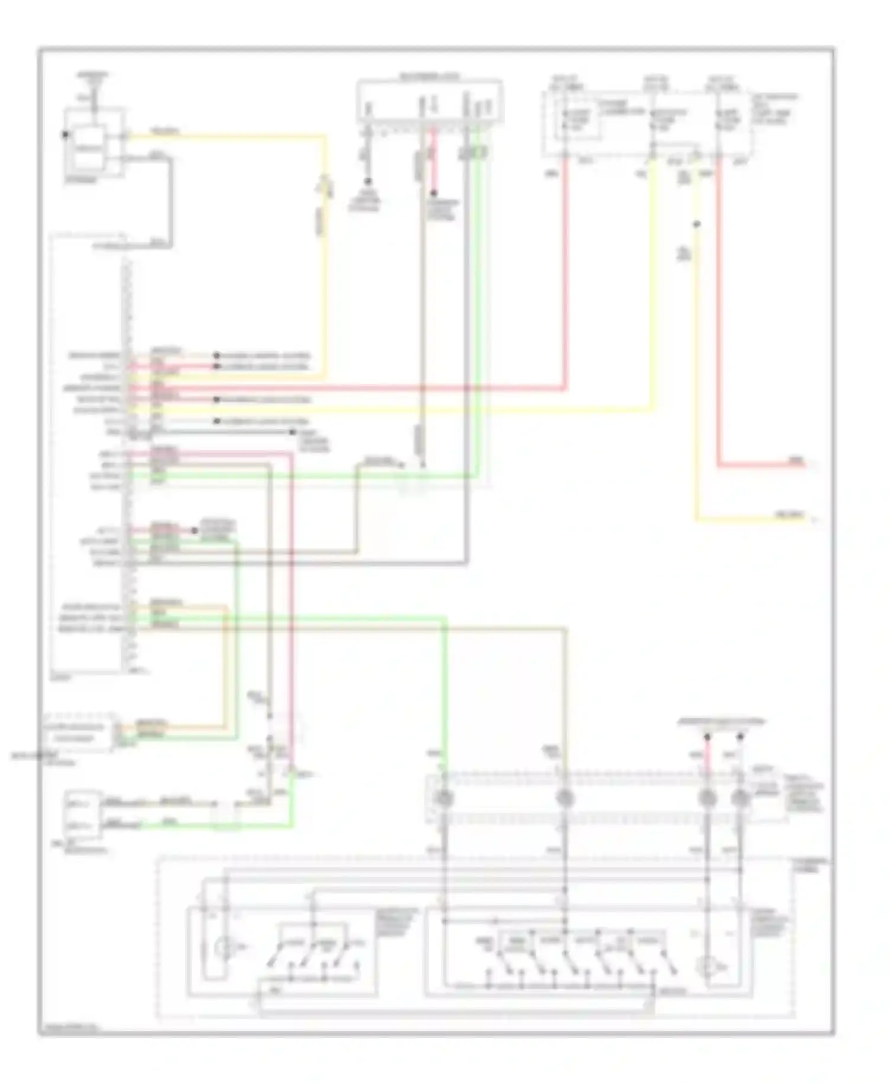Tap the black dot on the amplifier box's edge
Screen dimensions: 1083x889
pyautogui.click(x=65, y=135)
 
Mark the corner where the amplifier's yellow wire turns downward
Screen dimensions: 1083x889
pyautogui.click(x=324, y=137)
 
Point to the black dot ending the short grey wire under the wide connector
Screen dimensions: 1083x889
pyautogui.click(x=367, y=181)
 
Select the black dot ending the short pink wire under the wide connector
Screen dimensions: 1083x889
pyautogui.click(x=434, y=193)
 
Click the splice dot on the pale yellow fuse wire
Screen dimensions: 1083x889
pyautogui.click(x=697, y=225)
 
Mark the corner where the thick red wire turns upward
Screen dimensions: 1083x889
pyautogui.click(x=565, y=389)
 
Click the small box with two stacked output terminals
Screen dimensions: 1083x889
pyautogui.click(x=82, y=815)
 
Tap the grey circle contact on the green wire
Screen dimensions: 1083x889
pyautogui.click(x=444, y=799)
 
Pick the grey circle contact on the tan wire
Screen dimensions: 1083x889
pyautogui.click(x=565, y=799)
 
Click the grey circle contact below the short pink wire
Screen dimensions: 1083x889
pyautogui.click(x=706, y=799)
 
